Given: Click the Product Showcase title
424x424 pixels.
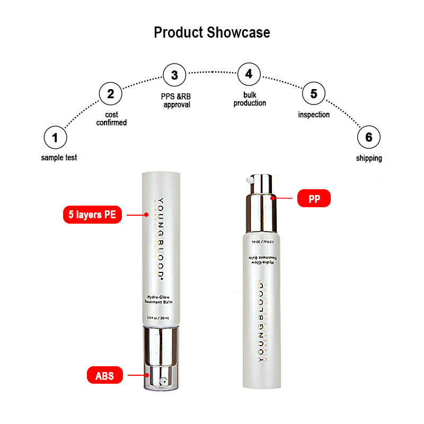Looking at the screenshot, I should click(212, 32).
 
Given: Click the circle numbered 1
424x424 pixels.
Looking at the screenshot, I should click(55, 138).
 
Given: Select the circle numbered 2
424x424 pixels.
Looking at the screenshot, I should click(111, 94).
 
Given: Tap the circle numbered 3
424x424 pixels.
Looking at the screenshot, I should click(174, 75).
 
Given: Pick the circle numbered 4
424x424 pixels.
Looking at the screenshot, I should click(249, 74).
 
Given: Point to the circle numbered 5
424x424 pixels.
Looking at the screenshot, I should click(314, 94).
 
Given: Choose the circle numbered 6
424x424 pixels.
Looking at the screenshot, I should click(369, 138).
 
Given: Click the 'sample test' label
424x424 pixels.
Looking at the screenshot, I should click(59, 157).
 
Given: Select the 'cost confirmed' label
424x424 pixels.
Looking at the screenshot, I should click(111, 118).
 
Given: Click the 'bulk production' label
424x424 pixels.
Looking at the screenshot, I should click(250, 99).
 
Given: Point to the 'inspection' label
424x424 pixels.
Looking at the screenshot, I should click(314, 114).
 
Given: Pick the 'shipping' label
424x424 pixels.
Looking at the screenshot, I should click(369, 158).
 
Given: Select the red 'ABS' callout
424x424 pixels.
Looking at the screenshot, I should click(105, 376).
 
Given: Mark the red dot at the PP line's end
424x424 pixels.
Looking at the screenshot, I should click(273, 198).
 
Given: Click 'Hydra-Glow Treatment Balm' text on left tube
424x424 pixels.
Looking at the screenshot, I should click(159, 299).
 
